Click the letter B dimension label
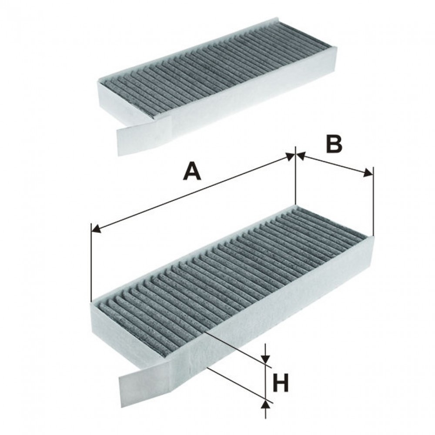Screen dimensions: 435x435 coord(334,144)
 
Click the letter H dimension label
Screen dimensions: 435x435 coord(281,383)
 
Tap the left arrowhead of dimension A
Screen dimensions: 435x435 coord(95,228)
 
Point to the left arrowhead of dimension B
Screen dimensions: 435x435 coord(301,156)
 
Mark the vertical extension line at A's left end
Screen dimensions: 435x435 coord(91,262)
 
